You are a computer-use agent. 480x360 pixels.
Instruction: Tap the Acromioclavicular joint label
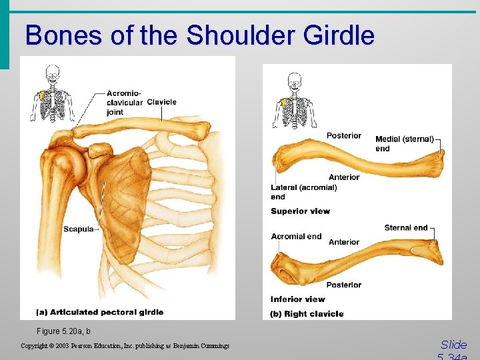coord(124,103)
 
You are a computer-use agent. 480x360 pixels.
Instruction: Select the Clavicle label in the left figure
coord(161,102)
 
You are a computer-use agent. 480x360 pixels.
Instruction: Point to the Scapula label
coord(78,229)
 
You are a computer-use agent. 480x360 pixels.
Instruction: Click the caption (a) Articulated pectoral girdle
coord(100,312)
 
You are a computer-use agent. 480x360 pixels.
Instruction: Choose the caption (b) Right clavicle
coord(307,313)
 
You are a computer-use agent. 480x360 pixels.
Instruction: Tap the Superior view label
coord(300,211)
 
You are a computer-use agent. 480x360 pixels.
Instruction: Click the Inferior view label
coord(297,299)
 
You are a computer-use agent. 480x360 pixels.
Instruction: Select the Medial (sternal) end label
coord(404,143)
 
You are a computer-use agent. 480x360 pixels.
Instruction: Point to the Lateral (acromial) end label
coord(303,192)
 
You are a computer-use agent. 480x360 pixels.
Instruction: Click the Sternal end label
coord(406,228)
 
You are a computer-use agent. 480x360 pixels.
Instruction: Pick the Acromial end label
coord(296,236)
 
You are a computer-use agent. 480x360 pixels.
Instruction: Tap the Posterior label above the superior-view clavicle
coord(343,136)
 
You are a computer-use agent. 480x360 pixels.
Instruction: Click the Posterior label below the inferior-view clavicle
coord(343,285)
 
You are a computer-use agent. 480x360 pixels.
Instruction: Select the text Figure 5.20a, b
coord(64,331)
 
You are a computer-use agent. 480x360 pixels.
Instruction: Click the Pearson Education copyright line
coord(125,346)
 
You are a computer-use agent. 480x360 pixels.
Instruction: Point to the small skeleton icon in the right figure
coord(294,101)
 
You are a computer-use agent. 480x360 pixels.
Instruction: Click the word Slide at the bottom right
coord(453,345)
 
